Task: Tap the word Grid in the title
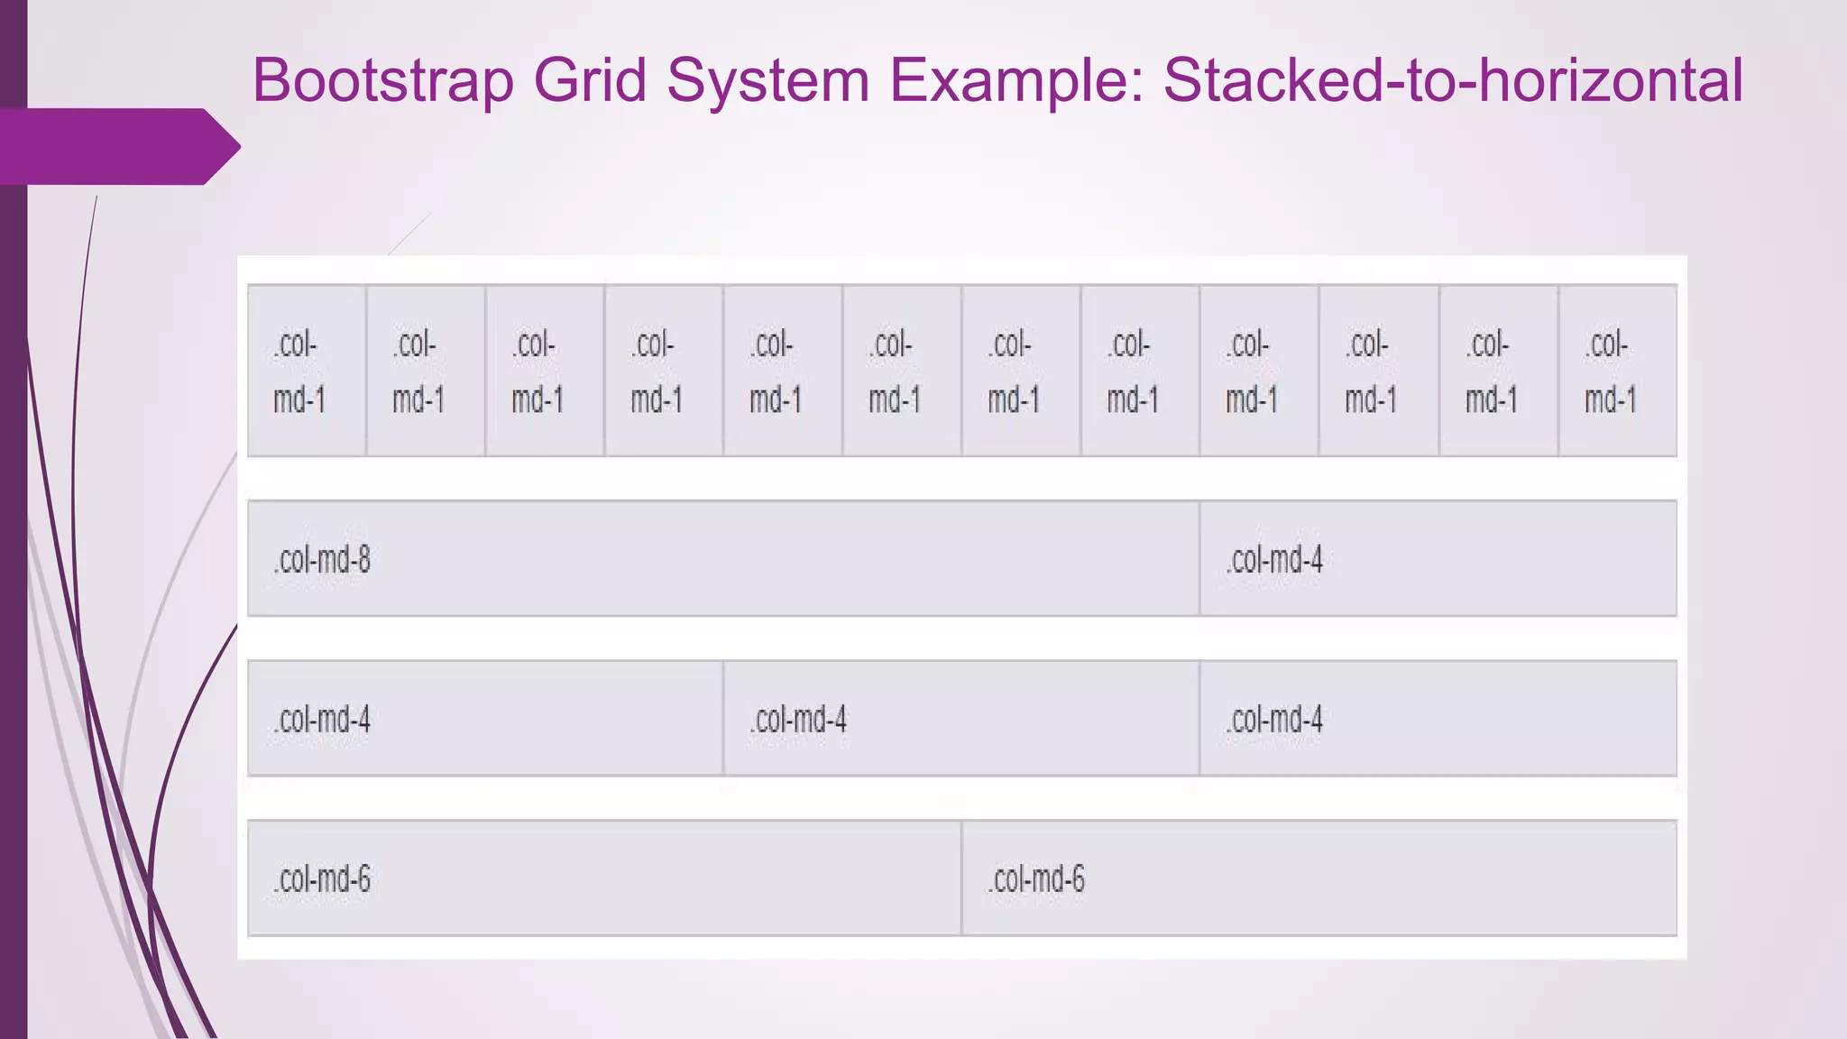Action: click(591, 81)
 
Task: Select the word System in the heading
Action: click(767, 81)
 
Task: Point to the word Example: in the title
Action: click(1015, 81)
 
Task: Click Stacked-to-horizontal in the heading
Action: click(1453, 81)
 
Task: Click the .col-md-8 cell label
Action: click(322, 560)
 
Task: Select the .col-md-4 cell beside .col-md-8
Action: click(1274, 560)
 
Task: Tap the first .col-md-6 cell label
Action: click(322, 879)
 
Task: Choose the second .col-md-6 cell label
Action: click(1036, 879)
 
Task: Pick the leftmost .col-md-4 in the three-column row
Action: click(322, 720)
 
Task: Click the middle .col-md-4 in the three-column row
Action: click(798, 720)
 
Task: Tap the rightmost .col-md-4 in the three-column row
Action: click(1274, 720)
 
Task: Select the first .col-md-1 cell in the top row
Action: click(299, 372)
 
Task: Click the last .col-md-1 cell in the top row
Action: click(1610, 372)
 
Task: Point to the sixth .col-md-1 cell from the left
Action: click(894, 372)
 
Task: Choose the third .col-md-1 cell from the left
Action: click(537, 372)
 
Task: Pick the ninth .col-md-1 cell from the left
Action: click(1251, 372)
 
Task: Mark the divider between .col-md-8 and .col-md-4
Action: click(1199, 558)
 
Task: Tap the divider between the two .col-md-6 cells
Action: click(961, 878)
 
